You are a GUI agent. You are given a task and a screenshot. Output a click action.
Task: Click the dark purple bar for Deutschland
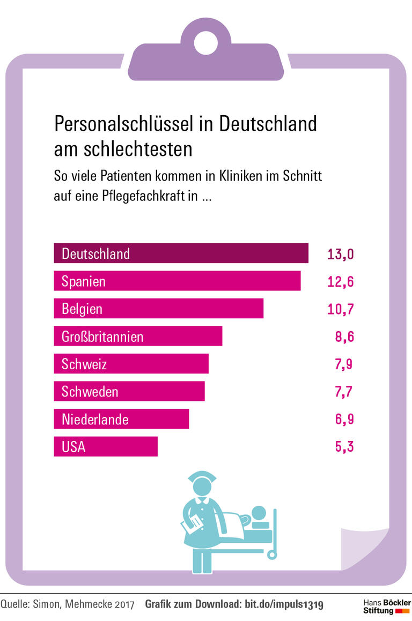coord(181,253)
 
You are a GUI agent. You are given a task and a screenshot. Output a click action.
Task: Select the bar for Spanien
coord(177,281)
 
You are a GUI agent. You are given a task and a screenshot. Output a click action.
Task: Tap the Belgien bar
coord(158,309)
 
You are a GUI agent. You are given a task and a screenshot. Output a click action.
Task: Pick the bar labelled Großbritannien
coord(138,336)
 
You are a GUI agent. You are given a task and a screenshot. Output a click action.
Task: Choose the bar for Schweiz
coord(131,364)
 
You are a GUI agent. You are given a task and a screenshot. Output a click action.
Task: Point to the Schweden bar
coord(129,392)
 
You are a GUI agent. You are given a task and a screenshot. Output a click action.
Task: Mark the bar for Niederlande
coord(121,419)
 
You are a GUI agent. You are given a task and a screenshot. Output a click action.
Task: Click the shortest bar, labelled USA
coord(106,446)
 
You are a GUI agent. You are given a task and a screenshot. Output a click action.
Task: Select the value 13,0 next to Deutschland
coord(341,254)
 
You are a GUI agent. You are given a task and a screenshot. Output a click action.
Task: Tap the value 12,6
coord(341,281)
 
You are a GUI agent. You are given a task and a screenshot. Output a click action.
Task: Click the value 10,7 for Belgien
coord(341,309)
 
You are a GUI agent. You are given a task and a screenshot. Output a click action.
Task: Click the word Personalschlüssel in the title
coord(123,125)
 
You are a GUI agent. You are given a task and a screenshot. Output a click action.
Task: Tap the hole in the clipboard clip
coord(206,43)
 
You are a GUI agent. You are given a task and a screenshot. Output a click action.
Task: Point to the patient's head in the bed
coord(259,513)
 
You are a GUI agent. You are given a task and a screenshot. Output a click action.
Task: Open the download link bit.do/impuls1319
coord(284,605)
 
